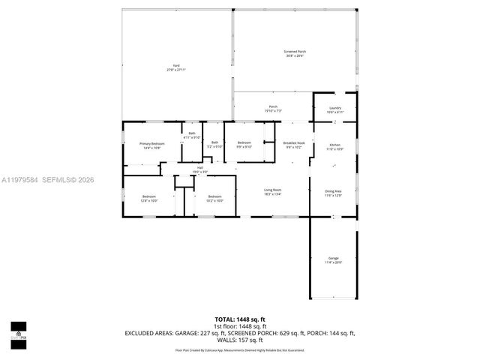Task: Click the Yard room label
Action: click(175, 67)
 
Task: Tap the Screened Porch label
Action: click(295, 52)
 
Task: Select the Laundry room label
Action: click(334, 109)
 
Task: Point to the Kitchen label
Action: click(334, 145)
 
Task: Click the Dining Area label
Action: click(334, 191)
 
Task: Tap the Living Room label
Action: click(271, 190)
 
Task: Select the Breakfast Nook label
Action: click(293, 142)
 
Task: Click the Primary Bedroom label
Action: click(151, 143)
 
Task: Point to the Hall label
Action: click(200, 168)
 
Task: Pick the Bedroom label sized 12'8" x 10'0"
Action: click(149, 196)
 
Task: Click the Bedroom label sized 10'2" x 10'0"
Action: click(215, 196)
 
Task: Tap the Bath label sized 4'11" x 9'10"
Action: click(192, 134)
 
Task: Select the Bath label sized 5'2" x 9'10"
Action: click(214, 142)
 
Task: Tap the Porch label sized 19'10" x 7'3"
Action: click(274, 107)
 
